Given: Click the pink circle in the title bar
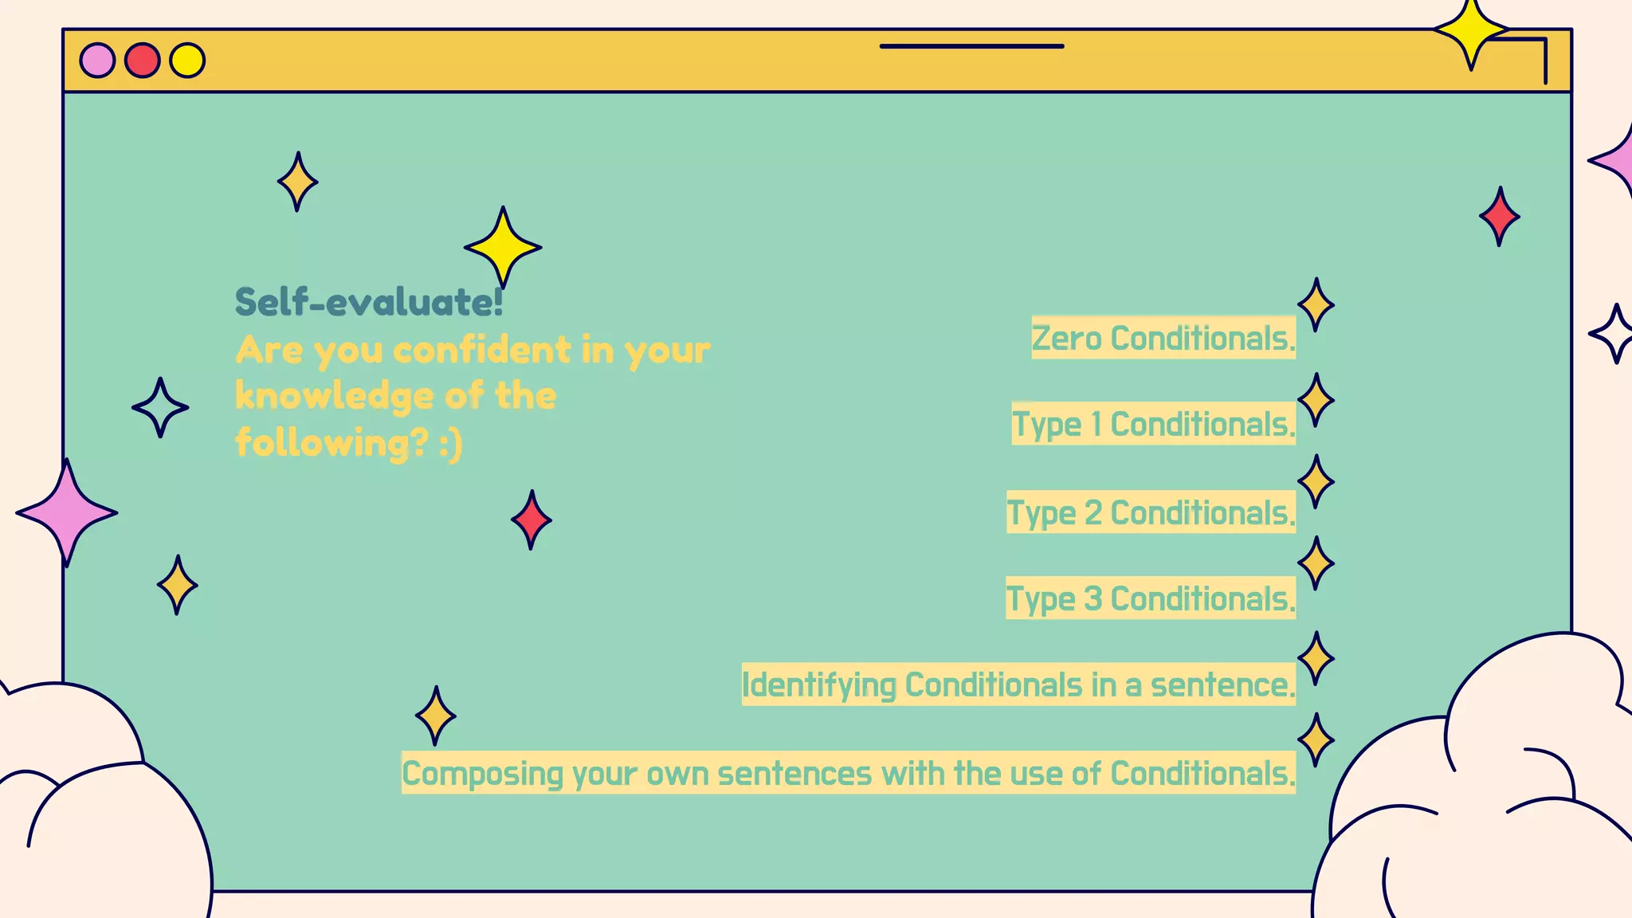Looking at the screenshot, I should [97, 61].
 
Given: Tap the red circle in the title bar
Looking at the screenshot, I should [143, 61].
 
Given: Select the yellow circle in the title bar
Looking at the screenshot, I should [187, 61].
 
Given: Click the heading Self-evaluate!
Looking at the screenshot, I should [369, 302].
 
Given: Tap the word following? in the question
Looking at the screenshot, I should [331, 442].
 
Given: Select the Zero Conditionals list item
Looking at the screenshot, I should [1163, 338].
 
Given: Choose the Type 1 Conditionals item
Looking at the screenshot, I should [1153, 424].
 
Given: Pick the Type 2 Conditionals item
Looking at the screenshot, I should [1151, 512].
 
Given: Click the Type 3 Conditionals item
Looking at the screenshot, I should [1151, 598].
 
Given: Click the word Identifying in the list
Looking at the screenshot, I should [818, 685].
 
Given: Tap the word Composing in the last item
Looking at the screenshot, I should [481, 773].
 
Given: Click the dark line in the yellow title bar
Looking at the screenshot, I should [971, 46].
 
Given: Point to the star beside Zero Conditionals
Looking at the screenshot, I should [1316, 304].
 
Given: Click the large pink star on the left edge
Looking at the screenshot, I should [67, 512].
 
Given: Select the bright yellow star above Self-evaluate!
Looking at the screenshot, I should [503, 247].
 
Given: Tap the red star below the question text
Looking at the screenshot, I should [531, 520].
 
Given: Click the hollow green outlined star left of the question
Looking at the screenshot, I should [160, 407].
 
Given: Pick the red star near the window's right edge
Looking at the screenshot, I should [1499, 217].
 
